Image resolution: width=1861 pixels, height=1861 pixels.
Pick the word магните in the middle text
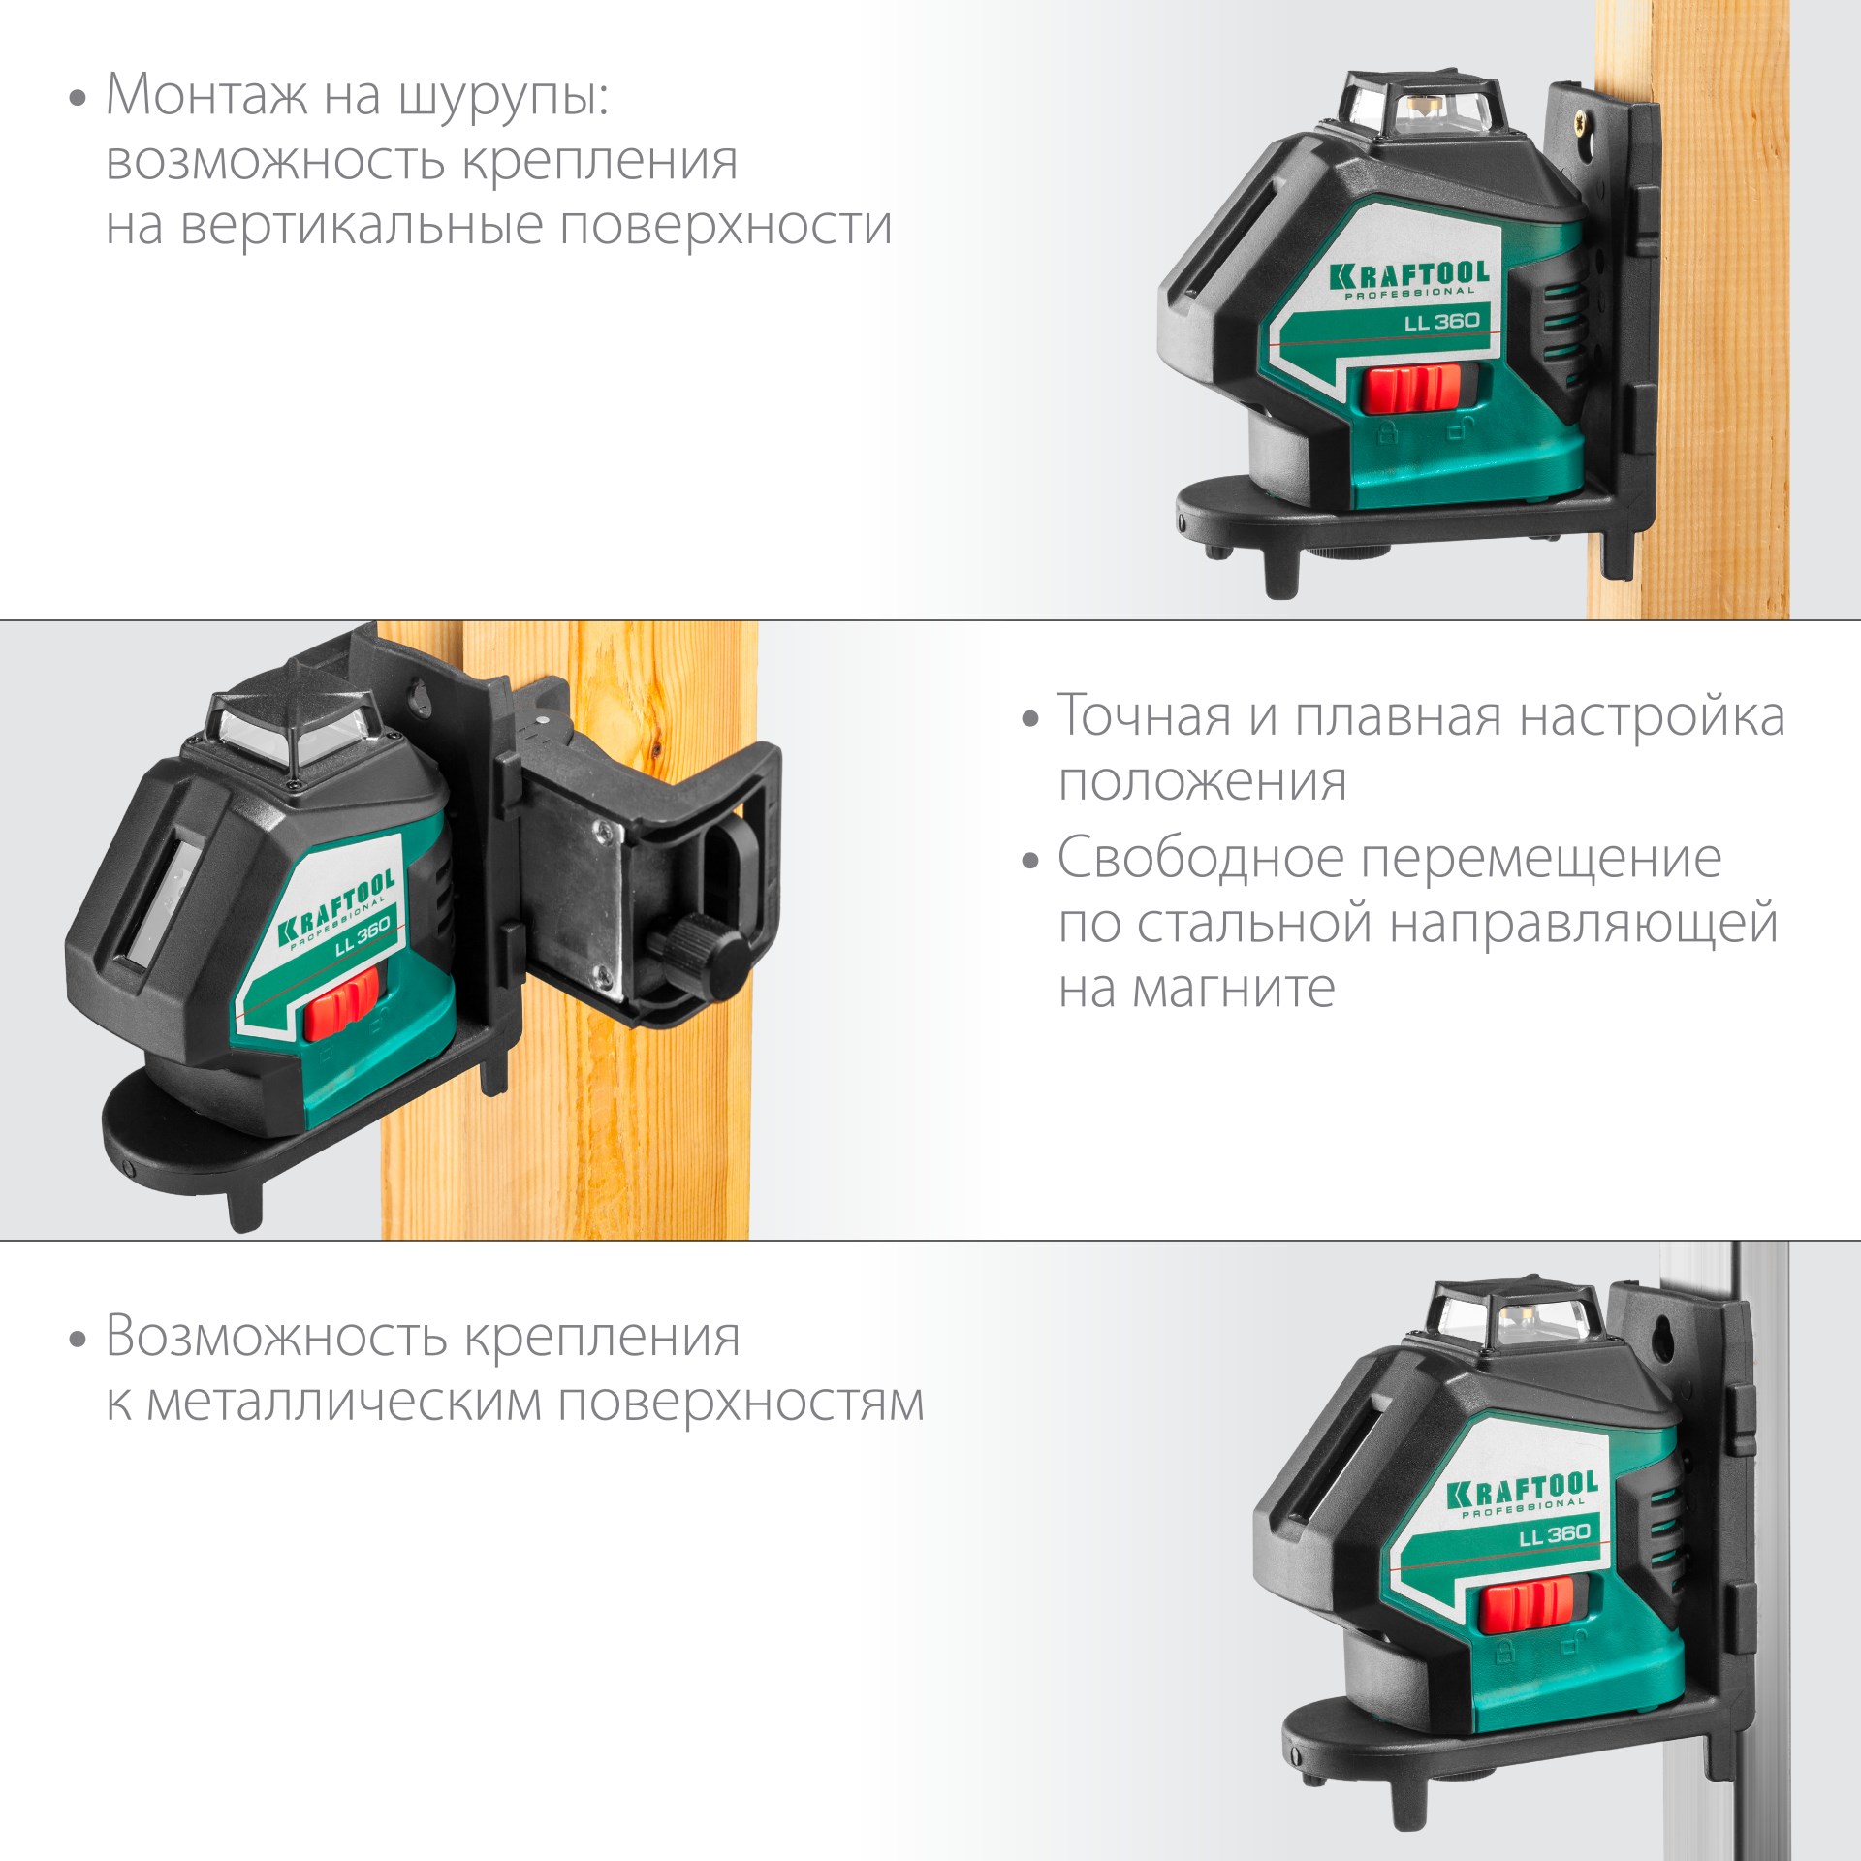point(1234,989)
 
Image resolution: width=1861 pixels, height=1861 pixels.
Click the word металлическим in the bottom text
point(344,1403)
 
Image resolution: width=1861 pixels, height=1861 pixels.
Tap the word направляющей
point(1583,923)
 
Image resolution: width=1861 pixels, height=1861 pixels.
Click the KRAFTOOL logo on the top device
point(1407,276)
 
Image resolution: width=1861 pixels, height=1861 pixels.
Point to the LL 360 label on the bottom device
point(1554,1533)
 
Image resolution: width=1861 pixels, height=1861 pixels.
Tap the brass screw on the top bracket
point(1581,122)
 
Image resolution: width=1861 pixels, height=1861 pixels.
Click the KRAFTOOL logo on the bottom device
point(1523,1489)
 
